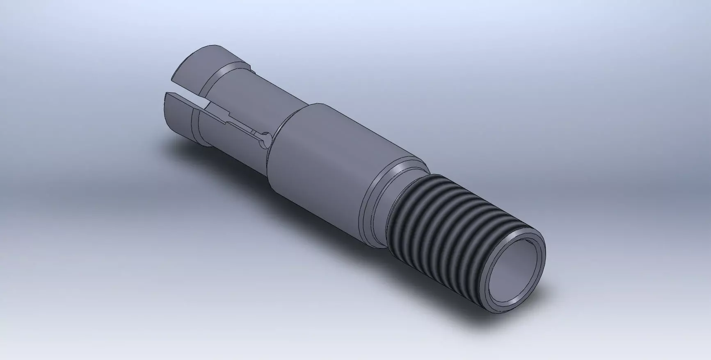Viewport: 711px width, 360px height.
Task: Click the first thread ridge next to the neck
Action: (x=404, y=213)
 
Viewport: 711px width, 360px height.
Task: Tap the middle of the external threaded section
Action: (x=443, y=230)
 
